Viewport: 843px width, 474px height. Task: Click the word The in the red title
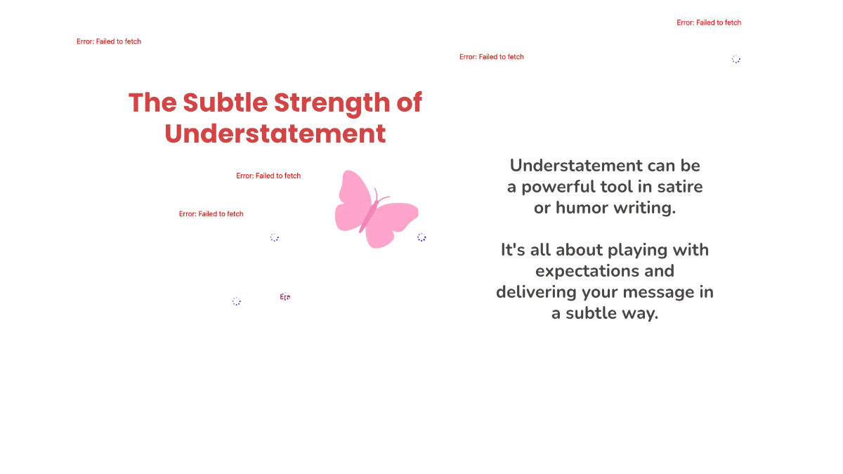152,103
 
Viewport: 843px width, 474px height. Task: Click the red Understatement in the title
275,133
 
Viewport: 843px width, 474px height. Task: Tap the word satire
678,187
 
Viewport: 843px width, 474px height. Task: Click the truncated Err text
285,297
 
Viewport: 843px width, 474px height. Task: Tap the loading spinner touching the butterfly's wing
421,237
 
